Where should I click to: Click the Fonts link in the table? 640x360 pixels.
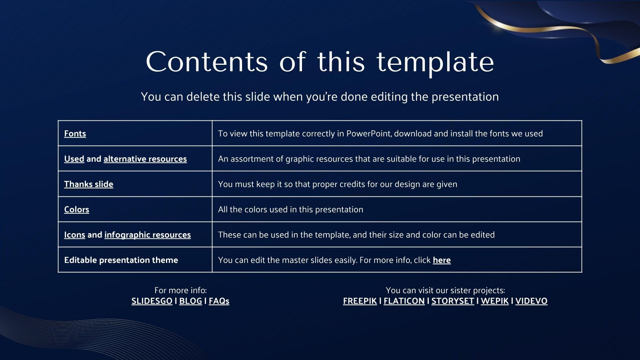pos(75,134)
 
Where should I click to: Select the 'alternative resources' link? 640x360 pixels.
pos(145,159)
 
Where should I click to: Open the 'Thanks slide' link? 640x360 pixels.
pos(88,184)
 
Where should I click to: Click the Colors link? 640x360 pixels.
pos(76,210)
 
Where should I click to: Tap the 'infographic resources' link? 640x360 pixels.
pos(147,235)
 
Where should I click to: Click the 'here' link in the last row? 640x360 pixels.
pos(442,260)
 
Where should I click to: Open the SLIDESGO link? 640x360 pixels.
pos(152,301)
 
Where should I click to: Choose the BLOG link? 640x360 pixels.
pos(190,301)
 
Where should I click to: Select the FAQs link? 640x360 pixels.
pos(219,301)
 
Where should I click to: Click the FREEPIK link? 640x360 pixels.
pos(360,301)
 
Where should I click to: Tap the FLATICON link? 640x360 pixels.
pos(404,301)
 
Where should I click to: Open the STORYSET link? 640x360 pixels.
pos(452,301)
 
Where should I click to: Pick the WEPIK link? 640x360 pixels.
pos(494,301)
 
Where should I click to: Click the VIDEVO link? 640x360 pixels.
pos(531,301)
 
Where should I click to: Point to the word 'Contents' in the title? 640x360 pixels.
pos(206,62)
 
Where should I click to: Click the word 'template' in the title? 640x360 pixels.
pos(435,62)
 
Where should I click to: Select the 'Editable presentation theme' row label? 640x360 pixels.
pos(121,260)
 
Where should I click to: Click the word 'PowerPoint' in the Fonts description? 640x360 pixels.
pos(368,134)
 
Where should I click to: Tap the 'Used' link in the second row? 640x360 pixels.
pos(74,159)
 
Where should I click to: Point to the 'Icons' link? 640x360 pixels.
pos(74,235)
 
